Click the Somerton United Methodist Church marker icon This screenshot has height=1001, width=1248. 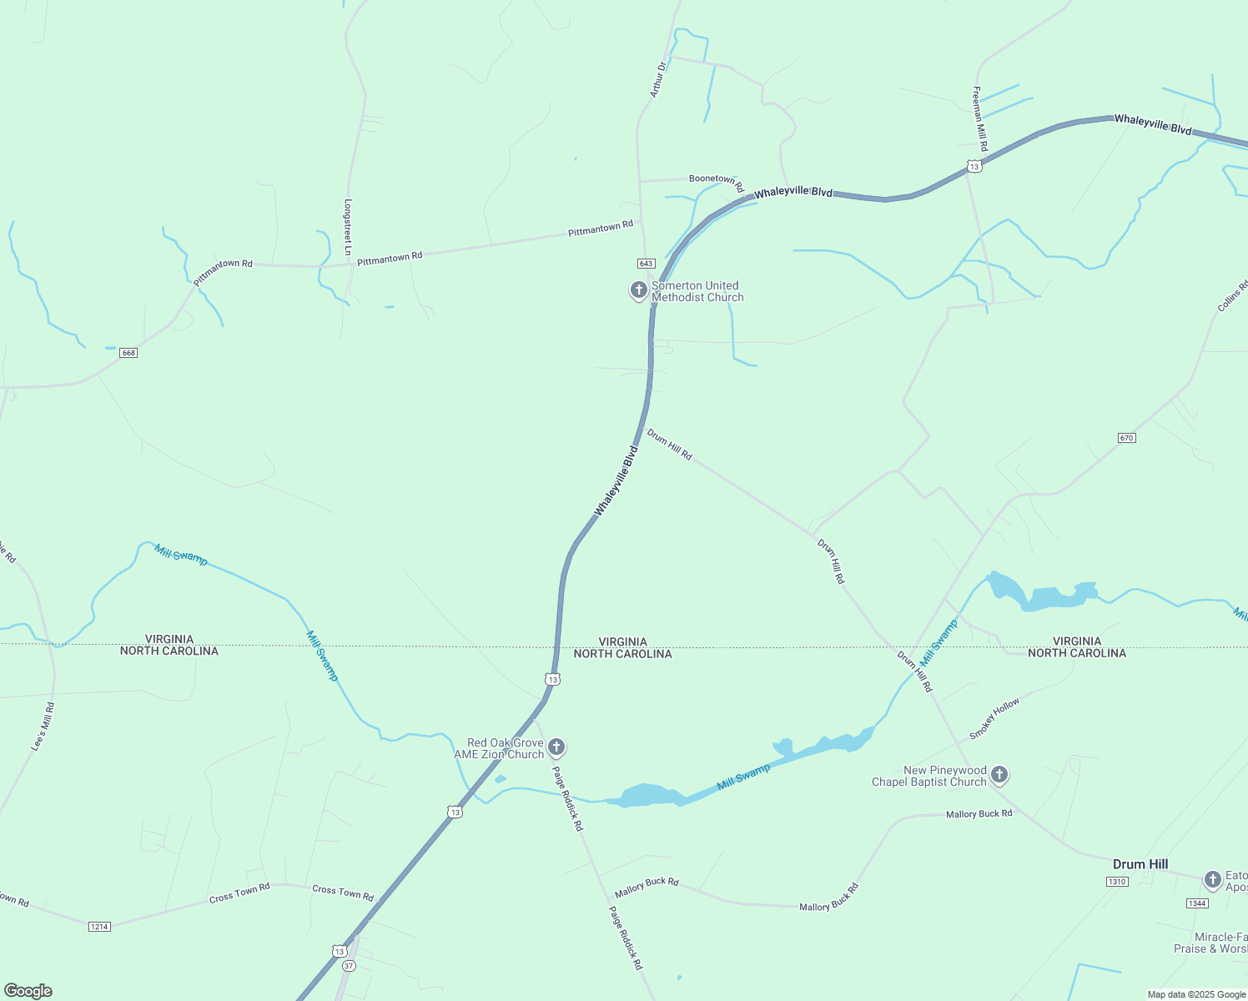(x=638, y=290)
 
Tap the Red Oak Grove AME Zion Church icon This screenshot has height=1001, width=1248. (x=556, y=747)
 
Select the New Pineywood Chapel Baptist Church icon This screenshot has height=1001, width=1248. (x=999, y=775)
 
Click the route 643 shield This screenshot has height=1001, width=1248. (x=646, y=264)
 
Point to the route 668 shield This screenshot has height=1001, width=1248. (x=128, y=353)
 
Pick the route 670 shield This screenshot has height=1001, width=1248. (x=1127, y=438)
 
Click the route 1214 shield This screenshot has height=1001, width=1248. (x=99, y=927)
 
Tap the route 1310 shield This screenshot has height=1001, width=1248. (x=1117, y=882)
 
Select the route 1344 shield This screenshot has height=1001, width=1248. (x=1197, y=903)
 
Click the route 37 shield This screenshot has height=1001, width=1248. (x=349, y=966)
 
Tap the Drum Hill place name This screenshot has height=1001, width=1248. (x=1140, y=864)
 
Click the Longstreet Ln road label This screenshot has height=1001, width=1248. (x=348, y=227)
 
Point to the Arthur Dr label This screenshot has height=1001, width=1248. (x=658, y=79)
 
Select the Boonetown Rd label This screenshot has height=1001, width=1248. (x=716, y=181)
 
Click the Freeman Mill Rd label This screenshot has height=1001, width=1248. (x=980, y=118)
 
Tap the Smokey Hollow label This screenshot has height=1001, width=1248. (x=994, y=719)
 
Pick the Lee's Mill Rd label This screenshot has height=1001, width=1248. (x=43, y=726)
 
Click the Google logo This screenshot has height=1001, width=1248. (x=28, y=991)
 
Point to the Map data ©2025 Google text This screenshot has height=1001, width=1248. (x=1196, y=994)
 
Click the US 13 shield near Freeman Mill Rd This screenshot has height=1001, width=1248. (x=974, y=166)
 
